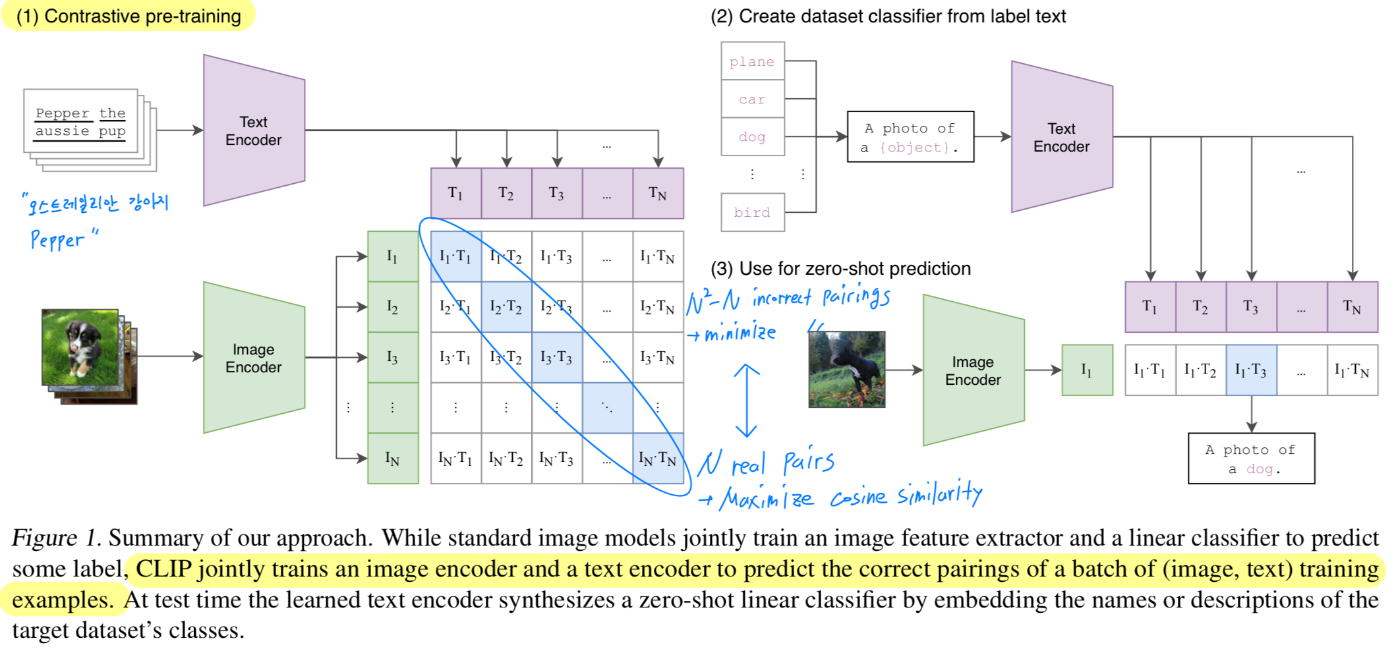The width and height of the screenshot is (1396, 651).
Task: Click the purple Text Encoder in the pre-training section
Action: pos(254,130)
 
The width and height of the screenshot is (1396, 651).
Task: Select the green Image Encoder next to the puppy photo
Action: pos(254,358)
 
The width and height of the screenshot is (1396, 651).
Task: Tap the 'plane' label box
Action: pos(752,61)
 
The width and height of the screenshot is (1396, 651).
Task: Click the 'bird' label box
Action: pos(752,212)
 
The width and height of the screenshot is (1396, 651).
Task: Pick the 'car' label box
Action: pos(752,99)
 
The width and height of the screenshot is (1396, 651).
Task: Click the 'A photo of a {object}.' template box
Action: pos(910,137)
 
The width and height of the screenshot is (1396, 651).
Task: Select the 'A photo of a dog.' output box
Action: pos(1250,459)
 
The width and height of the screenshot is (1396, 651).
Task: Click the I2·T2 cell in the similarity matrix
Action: pos(506,307)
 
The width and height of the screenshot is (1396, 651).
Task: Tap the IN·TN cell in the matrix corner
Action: pos(657,459)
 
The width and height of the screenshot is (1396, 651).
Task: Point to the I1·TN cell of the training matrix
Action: pos(657,256)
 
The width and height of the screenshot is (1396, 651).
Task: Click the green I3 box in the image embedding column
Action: pos(393,358)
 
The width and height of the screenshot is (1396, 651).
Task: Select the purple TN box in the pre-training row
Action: pos(657,193)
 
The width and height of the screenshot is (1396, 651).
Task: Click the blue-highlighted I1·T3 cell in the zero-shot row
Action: pos(1250,370)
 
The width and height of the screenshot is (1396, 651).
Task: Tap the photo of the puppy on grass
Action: pos(80,347)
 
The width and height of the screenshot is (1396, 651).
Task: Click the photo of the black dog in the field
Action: pos(846,370)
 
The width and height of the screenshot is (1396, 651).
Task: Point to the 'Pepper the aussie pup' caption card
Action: pos(80,122)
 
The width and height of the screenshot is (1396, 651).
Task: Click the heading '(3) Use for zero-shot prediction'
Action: pos(840,269)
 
